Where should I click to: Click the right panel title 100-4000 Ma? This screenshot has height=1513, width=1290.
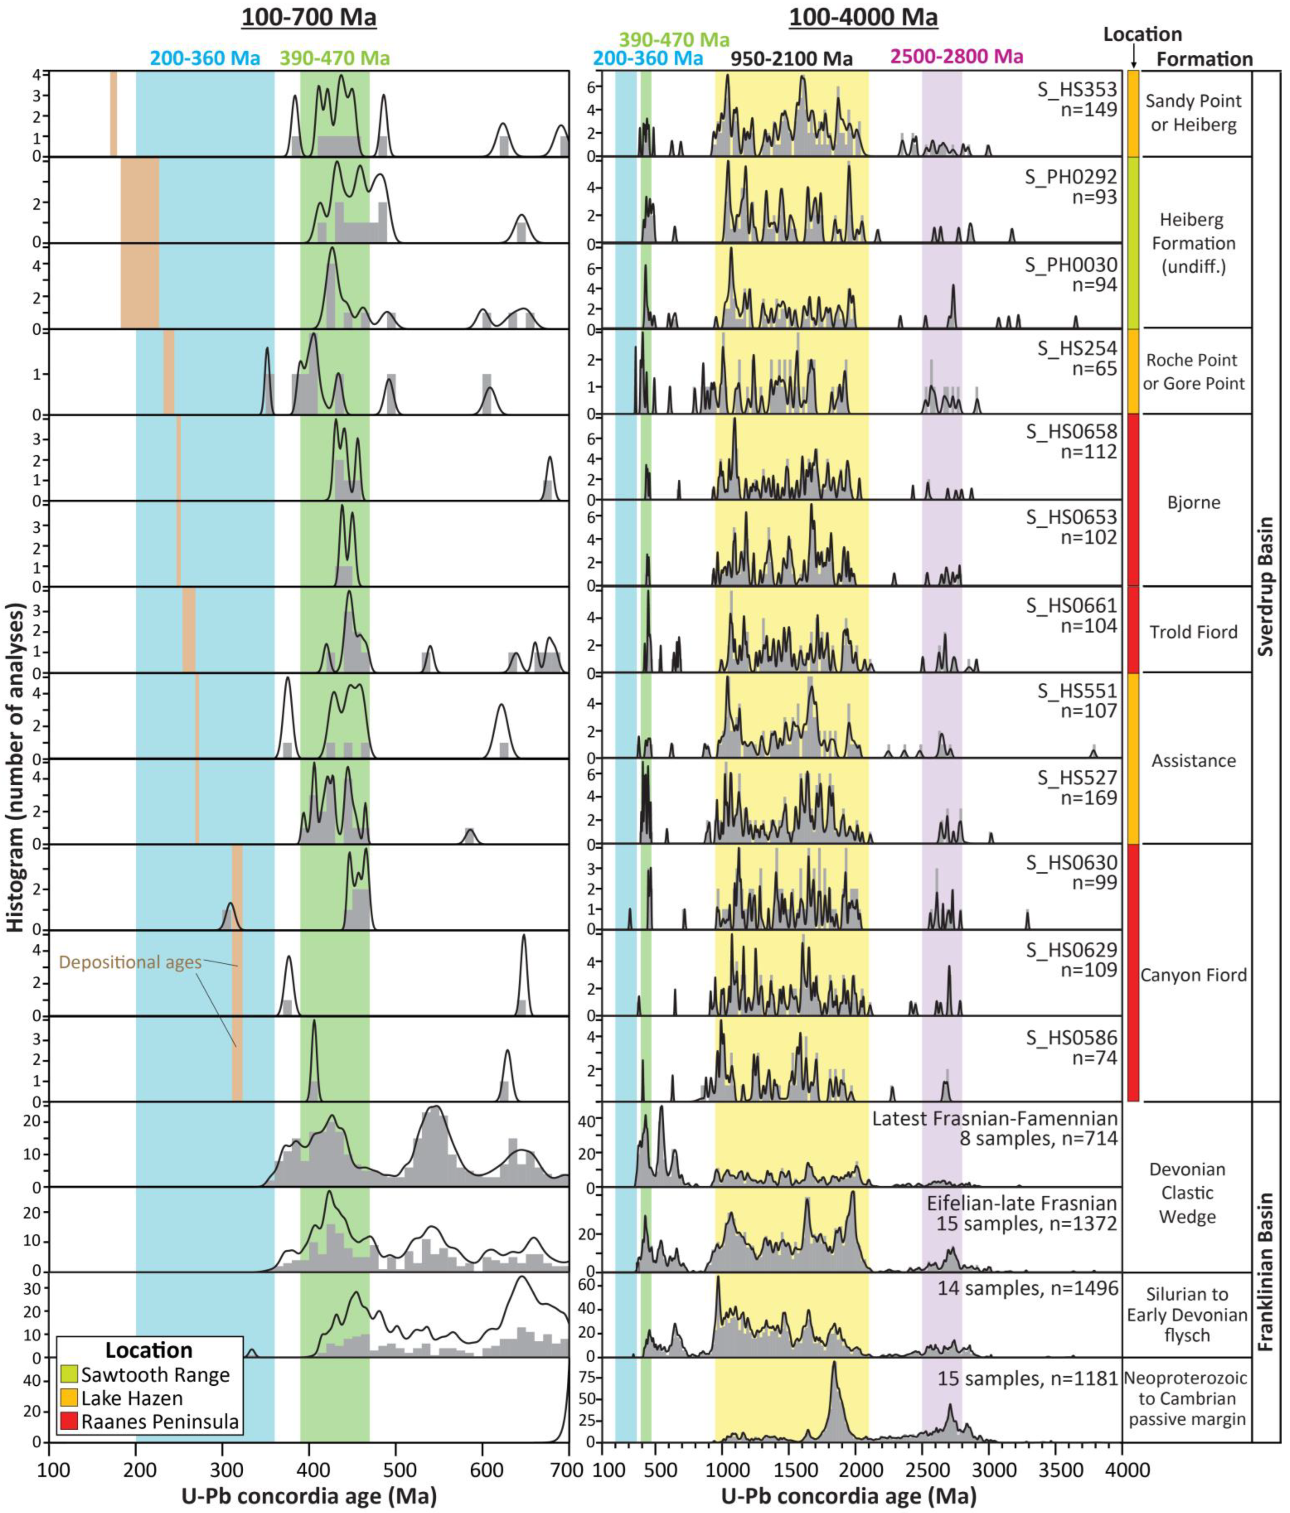tap(863, 17)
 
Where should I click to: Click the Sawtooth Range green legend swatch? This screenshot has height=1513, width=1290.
tap(70, 1375)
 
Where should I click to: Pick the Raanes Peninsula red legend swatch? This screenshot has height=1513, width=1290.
tap(70, 1422)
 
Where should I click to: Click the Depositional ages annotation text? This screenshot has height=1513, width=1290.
tap(130, 962)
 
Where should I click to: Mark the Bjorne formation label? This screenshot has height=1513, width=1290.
tap(1193, 502)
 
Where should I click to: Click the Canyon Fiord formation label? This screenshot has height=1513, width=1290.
tap(1193, 975)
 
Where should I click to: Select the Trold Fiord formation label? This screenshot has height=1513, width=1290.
tap(1193, 631)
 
